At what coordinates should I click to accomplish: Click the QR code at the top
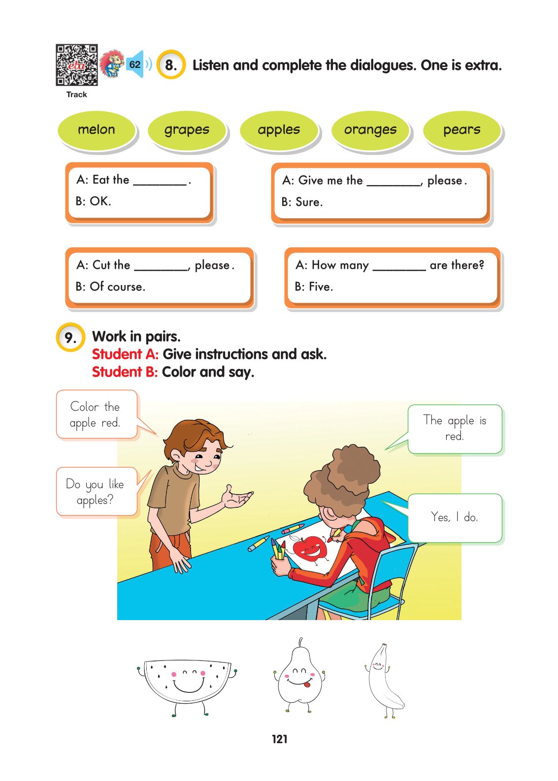tap(76, 65)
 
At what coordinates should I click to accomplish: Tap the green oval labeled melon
tap(97, 130)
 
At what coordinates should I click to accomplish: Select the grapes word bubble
tap(187, 130)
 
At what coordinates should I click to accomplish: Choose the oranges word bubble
tap(370, 130)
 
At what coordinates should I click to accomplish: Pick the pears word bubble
tap(462, 130)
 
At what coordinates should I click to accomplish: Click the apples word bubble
tap(279, 130)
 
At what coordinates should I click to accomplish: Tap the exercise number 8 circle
tap(171, 65)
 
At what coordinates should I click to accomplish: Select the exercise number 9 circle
tap(70, 338)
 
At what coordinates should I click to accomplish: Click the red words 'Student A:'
tap(125, 354)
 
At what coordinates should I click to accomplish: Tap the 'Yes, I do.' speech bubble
tap(455, 518)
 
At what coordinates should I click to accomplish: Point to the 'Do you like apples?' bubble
tap(96, 492)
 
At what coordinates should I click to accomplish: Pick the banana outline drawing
tap(385, 682)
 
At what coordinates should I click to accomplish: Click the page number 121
tap(279, 739)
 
